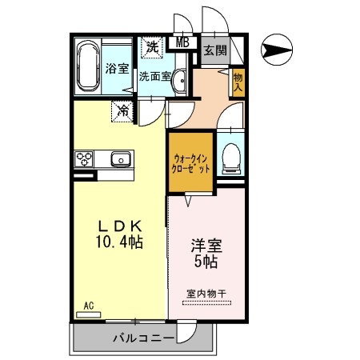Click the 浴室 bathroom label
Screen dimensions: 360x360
coord(118,68)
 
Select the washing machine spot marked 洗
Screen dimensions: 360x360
coord(150,47)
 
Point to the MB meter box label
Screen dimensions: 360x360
coord(182,43)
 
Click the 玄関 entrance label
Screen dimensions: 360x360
coord(214,50)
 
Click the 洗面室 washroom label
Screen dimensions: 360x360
coord(154,78)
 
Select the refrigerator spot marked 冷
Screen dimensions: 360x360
coord(124,110)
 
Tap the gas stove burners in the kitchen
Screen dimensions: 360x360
coord(85,158)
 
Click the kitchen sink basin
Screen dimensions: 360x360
coord(120,158)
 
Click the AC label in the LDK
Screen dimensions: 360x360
coord(89,305)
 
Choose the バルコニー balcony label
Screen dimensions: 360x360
coord(142,338)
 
